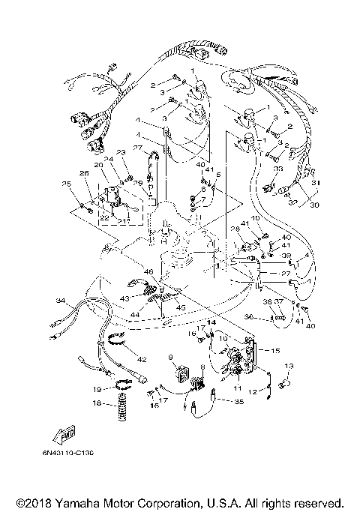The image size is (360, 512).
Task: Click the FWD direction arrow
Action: [57, 436]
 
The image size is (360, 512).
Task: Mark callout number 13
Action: [288, 367]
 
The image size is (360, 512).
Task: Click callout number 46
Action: [149, 272]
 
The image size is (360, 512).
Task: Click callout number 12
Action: [253, 391]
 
